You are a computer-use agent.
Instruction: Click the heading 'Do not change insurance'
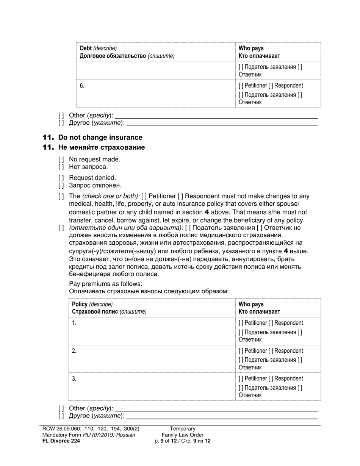[x=100, y=138]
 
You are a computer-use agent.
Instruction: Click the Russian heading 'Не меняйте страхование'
[x=102, y=147]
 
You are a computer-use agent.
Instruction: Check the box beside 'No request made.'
[x=61, y=160]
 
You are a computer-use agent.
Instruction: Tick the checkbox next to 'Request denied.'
[x=61, y=178]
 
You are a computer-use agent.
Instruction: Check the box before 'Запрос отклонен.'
[x=61, y=186]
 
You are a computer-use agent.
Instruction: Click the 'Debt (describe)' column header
[x=98, y=48]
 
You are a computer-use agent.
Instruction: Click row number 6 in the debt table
[x=82, y=86]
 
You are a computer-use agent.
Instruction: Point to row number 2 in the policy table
[x=74, y=351]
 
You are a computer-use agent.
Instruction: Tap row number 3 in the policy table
[x=74, y=378]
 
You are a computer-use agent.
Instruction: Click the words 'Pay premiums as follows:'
[x=106, y=284]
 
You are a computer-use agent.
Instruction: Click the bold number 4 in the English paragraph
[x=207, y=212]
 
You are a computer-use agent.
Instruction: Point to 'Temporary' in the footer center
[x=182, y=429]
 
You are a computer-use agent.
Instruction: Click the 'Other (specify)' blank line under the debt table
[x=216, y=116]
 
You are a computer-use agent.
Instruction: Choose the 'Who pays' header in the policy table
[x=251, y=304]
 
